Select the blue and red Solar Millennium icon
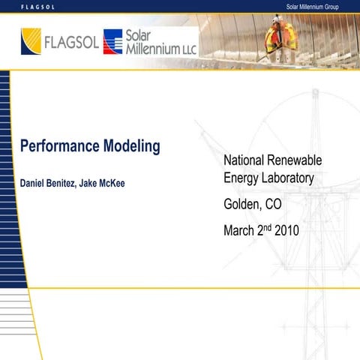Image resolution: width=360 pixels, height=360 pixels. tap(112, 42)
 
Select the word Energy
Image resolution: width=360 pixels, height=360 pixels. tap(241, 179)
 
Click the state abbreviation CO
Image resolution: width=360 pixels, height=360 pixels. tap(274, 205)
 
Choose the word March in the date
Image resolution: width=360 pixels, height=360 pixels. tap(240, 231)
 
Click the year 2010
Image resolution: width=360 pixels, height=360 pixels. tap(286, 231)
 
